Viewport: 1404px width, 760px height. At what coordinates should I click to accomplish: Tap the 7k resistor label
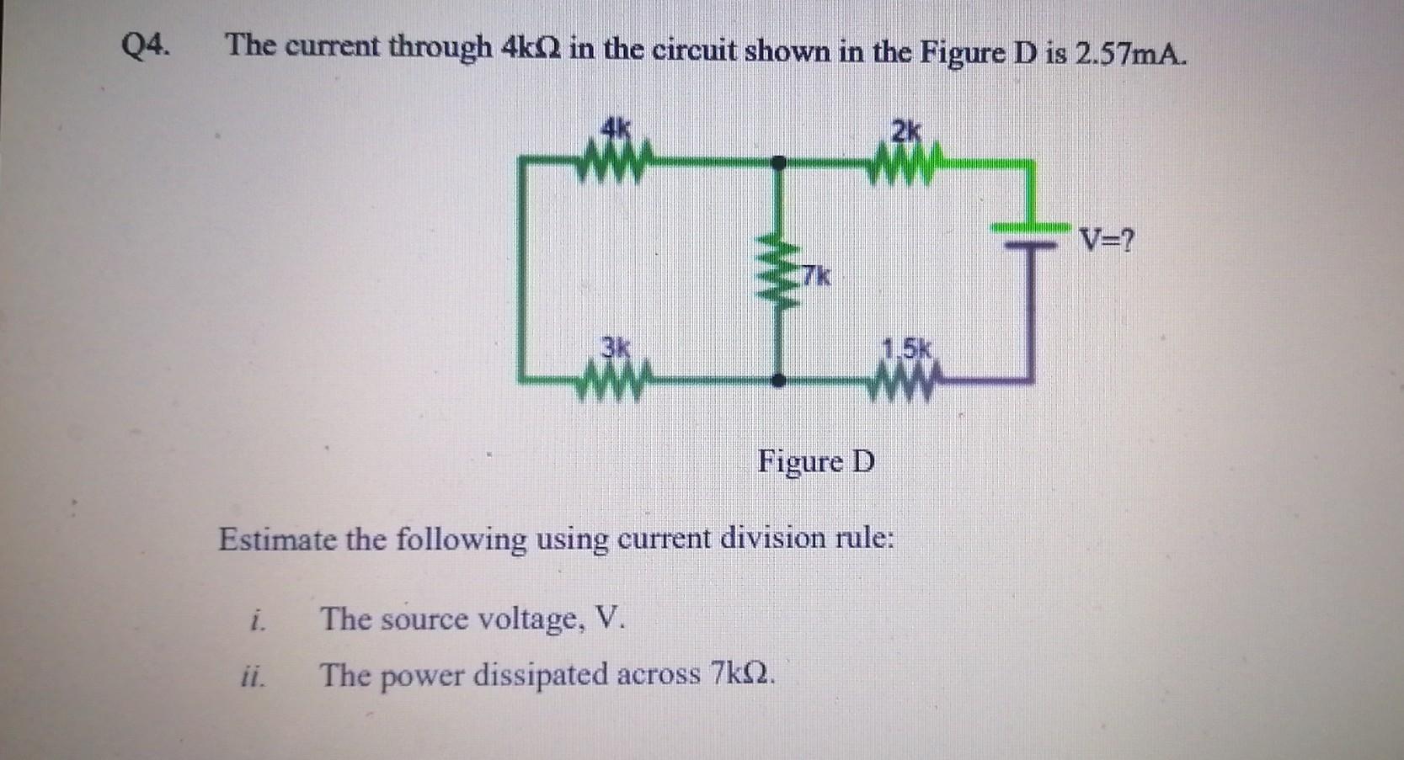(x=815, y=274)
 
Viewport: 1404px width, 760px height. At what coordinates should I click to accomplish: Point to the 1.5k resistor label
(x=905, y=348)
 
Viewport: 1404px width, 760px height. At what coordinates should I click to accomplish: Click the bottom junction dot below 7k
(x=780, y=380)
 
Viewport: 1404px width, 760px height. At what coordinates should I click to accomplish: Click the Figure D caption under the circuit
(x=815, y=462)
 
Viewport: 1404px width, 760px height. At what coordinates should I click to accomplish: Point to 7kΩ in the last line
(x=741, y=674)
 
